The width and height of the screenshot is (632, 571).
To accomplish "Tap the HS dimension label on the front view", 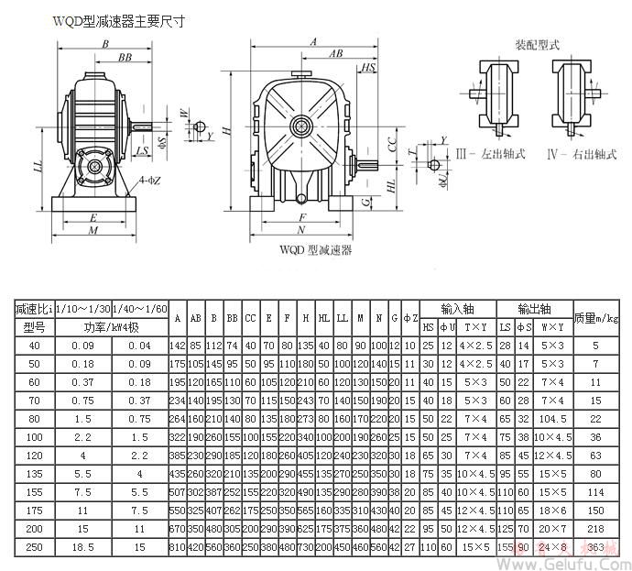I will pos(368,68).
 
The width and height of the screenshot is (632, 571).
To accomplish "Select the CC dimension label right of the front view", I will pos(392,146).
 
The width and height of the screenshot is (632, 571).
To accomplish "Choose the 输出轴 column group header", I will pos(534,309).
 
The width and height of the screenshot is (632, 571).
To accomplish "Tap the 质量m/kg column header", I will pos(596,317).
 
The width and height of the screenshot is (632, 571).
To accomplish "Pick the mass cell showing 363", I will pos(596,547).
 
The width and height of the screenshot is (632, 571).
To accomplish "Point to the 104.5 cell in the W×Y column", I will pos(553,416).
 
